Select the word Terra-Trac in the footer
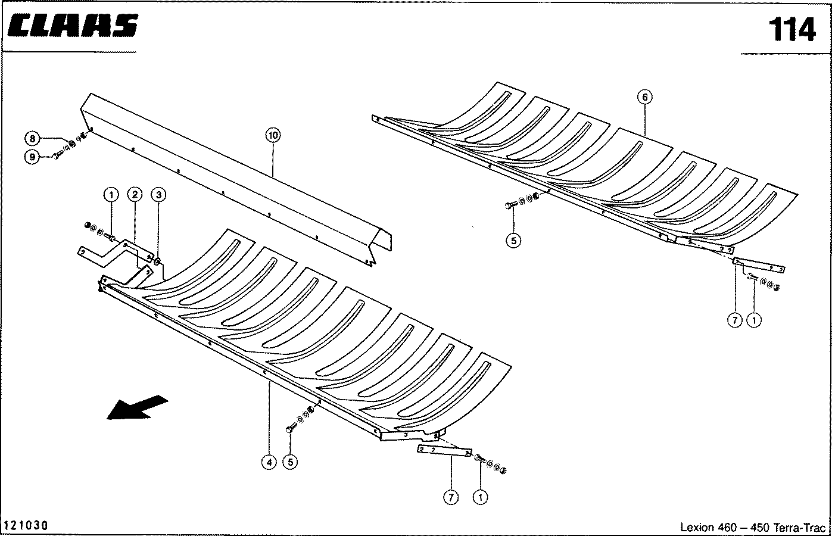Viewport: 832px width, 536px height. pyautogui.click(x=803, y=527)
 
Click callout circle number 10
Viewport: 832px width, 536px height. pyautogui.click(x=273, y=136)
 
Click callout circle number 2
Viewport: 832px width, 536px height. pyautogui.click(x=135, y=194)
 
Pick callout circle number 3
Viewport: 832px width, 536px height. pyautogui.click(x=158, y=194)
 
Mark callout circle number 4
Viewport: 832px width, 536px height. pyautogui.click(x=269, y=462)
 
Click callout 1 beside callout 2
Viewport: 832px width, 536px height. pyautogui.click(x=110, y=194)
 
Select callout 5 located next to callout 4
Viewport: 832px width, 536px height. pyautogui.click(x=290, y=462)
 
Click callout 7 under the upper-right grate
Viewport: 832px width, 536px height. pyautogui.click(x=735, y=320)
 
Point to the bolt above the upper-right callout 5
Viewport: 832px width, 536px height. pyautogui.click(x=510, y=205)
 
